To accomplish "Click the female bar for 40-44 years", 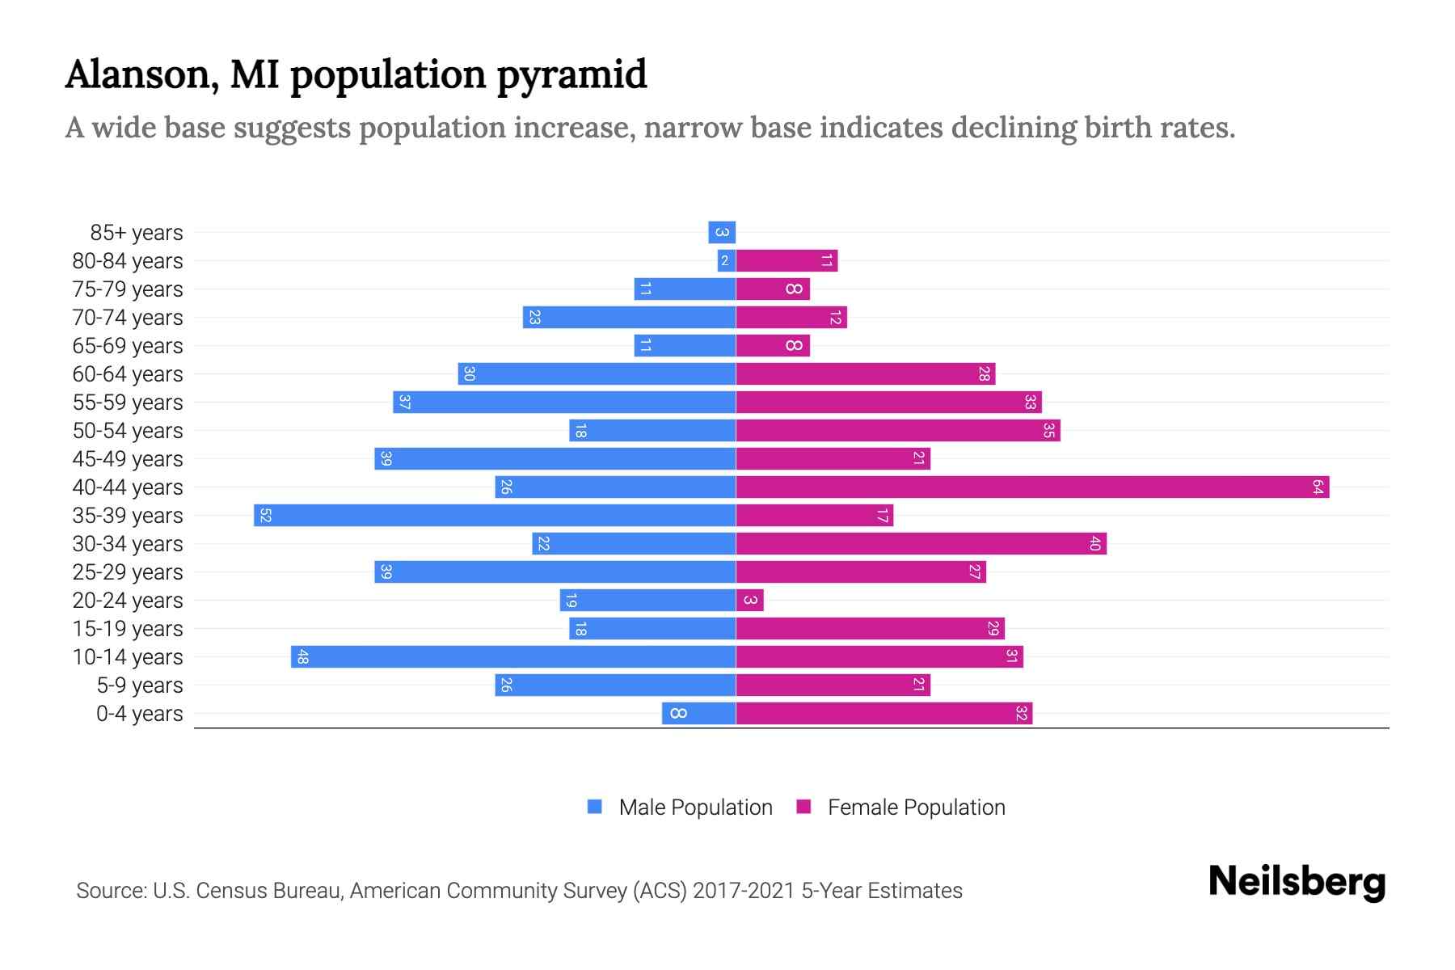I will tap(1032, 487).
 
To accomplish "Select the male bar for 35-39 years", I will tap(495, 516).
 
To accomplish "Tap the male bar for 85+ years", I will tap(722, 233).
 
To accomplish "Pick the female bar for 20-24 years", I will tap(749, 601).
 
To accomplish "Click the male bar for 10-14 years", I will tap(513, 657).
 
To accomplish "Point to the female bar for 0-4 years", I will tap(884, 714).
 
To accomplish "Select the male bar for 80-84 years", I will tap(726, 261).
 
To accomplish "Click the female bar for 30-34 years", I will tap(921, 544).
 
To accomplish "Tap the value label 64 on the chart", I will tap(1318, 487).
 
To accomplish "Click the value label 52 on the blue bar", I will tap(265, 516).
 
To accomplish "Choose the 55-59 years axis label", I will tap(128, 403).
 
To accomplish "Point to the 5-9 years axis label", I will tap(140, 685).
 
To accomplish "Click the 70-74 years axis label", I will tap(128, 318).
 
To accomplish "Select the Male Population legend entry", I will tap(695, 808).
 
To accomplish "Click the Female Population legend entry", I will tap(916, 808).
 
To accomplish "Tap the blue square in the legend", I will tap(595, 807).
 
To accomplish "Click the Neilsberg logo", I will tap(1297, 881).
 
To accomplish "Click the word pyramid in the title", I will tap(571, 75).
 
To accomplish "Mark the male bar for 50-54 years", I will tap(652, 431).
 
